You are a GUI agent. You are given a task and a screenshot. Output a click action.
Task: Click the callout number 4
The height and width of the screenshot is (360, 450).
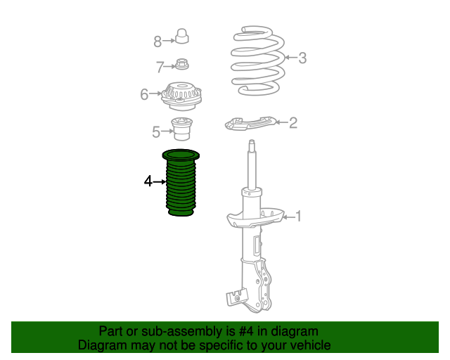148,181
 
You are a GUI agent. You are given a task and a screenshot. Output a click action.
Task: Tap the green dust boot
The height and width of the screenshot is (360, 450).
181,183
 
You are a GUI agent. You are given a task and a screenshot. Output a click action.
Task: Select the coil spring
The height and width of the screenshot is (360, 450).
257,61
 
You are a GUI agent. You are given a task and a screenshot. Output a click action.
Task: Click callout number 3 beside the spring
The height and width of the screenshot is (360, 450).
302,58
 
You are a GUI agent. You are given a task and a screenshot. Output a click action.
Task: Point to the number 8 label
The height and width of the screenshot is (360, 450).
157,41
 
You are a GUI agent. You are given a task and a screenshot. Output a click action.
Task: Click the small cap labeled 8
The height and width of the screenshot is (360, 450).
181,36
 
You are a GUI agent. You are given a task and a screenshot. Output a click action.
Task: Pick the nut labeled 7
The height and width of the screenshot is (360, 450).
181,64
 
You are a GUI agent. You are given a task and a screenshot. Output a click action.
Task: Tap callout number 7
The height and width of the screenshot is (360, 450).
160,67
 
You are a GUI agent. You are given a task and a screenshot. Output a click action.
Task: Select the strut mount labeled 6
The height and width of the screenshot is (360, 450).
181,96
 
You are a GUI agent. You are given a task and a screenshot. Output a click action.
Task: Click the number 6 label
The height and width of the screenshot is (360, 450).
144,94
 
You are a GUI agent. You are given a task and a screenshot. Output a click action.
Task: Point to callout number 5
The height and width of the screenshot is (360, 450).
156,131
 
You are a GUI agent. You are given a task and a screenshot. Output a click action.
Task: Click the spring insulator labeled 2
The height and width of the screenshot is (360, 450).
250,123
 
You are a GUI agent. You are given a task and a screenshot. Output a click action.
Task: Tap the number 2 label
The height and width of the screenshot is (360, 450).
293,122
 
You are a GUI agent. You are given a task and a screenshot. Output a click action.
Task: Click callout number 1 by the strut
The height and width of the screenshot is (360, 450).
298,216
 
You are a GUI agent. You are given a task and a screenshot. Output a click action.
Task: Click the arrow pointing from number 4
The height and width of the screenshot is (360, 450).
160,181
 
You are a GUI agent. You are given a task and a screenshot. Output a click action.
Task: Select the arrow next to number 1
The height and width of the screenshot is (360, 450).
288,217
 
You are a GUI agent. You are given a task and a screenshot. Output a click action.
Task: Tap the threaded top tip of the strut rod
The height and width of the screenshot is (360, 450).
252,143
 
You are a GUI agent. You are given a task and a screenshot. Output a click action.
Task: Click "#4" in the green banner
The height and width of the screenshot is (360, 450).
246,331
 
